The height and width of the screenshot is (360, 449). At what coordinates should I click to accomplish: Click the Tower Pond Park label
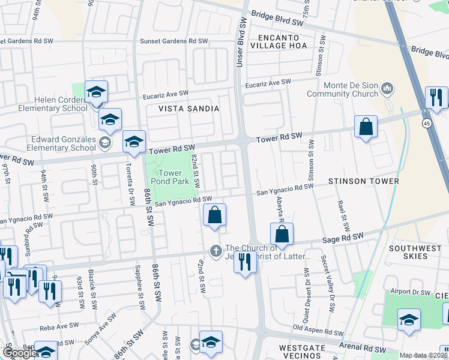[174, 177]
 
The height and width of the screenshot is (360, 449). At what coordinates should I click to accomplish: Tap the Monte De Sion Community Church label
[343, 89]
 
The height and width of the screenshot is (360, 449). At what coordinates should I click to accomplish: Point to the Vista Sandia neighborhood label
[188, 109]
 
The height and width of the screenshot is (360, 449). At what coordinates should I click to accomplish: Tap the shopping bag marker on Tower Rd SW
[366, 127]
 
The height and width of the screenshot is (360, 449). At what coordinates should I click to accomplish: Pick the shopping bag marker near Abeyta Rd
[284, 234]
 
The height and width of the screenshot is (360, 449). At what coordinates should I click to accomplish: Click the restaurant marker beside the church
[245, 262]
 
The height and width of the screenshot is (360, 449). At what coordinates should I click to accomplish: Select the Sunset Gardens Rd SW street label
[173, 41]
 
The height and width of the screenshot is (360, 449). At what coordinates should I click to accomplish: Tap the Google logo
[20, 353]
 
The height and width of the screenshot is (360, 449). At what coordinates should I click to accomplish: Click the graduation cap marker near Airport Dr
[409, 321]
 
